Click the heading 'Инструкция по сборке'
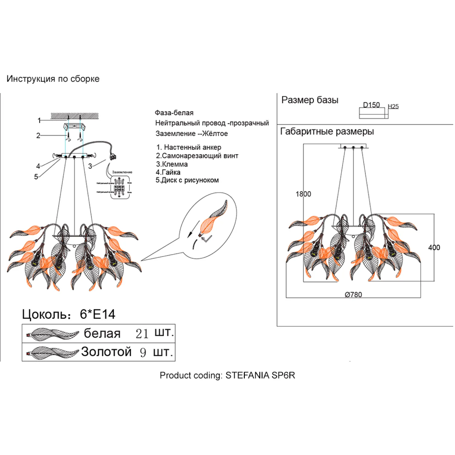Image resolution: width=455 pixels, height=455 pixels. [53, 79]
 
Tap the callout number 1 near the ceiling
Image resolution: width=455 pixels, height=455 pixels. [39, 120]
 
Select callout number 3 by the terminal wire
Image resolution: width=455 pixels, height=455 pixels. [90, 166]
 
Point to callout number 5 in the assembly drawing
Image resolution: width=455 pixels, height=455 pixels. [36, 177]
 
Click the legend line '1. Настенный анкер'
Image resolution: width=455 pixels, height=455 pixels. [189, 147]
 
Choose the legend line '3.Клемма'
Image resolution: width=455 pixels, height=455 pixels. [172, 164]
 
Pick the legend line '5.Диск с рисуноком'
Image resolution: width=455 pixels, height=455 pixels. [187, 180]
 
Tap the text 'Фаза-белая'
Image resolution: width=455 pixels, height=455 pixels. [174, 113]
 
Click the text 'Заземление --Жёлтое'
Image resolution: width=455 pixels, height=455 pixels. [192, 133]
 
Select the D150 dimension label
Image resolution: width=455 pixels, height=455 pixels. [371, 105]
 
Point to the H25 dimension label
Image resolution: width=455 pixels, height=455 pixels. [393, 106]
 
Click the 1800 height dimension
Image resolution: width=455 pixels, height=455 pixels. [303, 194]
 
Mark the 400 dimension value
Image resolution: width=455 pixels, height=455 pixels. [434, 248]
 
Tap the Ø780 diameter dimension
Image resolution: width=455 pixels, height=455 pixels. [353, 295]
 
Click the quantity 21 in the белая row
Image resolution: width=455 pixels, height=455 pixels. [142, 334]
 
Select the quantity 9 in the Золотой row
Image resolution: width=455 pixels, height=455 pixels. [143, 352]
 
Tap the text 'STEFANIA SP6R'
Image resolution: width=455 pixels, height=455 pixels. [260, 376]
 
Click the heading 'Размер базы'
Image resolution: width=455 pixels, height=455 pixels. [310, 100]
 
